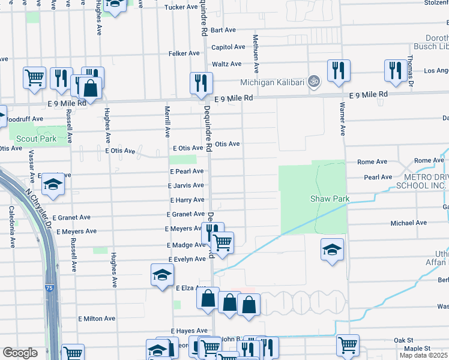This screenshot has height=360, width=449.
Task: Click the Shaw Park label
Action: (330, 199)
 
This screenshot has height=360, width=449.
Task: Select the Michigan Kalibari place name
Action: (273, 82)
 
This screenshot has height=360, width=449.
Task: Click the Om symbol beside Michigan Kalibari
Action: (313, 82)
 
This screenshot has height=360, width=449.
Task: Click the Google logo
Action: (20, 353)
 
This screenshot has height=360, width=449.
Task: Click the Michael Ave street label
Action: (409, 223)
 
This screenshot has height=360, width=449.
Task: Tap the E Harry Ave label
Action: (187, 200)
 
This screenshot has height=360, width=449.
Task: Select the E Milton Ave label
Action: (96, 319)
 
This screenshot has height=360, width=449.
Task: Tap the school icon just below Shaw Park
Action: (331, 249)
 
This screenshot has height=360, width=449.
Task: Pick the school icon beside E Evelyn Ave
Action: (161, 275)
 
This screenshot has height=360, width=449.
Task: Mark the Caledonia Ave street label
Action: (11, 227)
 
